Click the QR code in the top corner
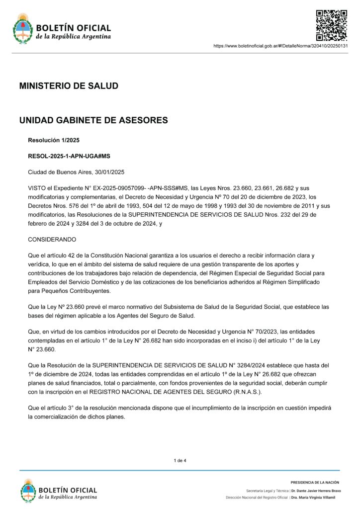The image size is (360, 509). pyautogui.click(x=332, y=25)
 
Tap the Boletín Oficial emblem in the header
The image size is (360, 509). pyautogui.click(x=23, y=28)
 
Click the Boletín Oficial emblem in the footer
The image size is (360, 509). pyautogui.click(x=29, y=491)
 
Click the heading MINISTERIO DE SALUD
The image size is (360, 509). pyautogui.click(x=69, y=86)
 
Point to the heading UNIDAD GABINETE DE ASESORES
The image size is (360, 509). pyautogui.click(x=93, y=120)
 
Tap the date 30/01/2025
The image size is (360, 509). pyautogui.click(x=109, y=172)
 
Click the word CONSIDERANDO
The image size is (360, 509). pyautogui.click(x=52, y=239)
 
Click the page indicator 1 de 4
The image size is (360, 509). pyautogui.click(x=180, y=461)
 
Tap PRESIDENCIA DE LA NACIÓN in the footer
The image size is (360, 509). pyautogui.click(x=315, y=482)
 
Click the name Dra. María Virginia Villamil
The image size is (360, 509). pyautogui.click(x=313, y=498)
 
